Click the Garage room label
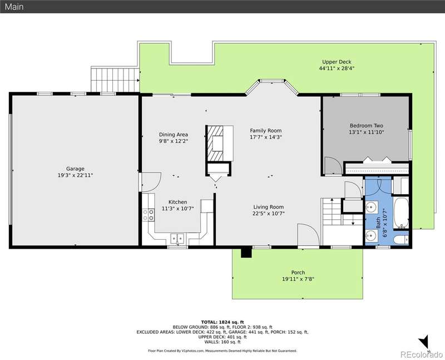click(x=75, y=169)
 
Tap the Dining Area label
click(x=174, y=135)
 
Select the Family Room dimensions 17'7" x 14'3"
click(x=266, y=137)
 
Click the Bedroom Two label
click(x=366, y=126)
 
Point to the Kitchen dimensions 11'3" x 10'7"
click(x=177, y=209)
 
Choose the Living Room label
click(x=269, y=207)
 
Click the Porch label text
click(x=298, y=273)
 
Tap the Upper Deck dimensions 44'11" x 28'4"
click(x=337, y=68)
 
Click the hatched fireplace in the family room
click(x=215, y=143)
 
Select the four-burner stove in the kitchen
click(x=148, y=215)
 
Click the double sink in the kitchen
click(x=177, y=238)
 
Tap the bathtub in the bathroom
click(x=401, y=213)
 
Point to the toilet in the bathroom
click(x=401, y=240)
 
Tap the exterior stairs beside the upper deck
click(x=115, y=80)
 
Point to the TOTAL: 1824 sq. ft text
click(x=222, y=322)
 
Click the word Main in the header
click(x=14, y=7)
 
